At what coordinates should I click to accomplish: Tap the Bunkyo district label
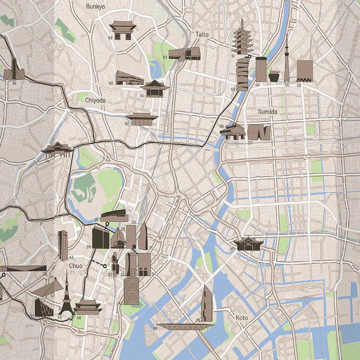point(95,6)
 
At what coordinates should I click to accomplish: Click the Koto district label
point(242,318)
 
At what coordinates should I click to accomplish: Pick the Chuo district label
point(76,266)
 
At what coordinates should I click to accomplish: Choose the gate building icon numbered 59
point(123,30)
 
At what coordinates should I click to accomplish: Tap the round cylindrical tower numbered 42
point(131,291)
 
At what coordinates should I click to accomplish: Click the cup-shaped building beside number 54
point(274,76)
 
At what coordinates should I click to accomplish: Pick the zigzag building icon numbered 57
point(259,132)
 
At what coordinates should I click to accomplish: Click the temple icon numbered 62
point(142,119)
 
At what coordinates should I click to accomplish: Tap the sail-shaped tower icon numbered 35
point(207,303)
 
